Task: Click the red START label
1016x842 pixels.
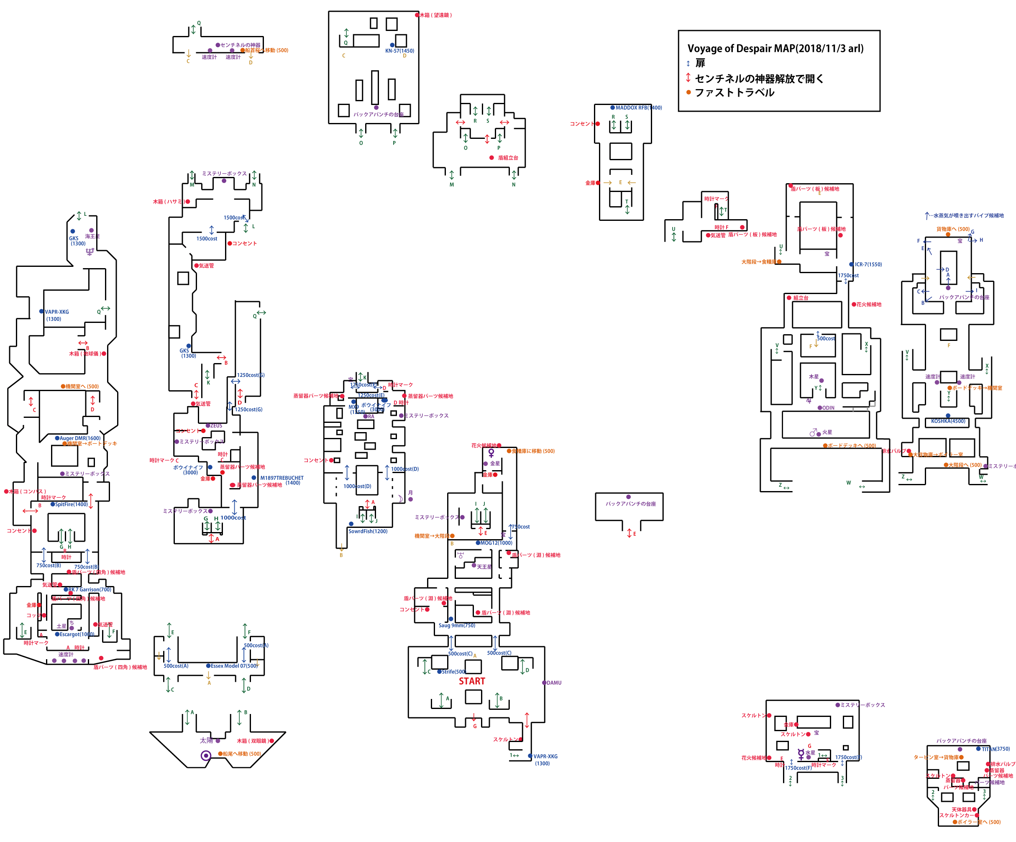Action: pyautogui.click(x=472, y=681)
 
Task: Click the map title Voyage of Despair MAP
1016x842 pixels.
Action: pyautogui.click(x=775, y=49)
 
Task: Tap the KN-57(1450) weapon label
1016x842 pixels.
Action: pyautogui.click(x=399, y=51)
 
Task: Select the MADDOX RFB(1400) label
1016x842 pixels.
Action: pyautogui.click(x=638, y=108)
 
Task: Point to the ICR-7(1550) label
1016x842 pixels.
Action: pyautogui.click(x=868, y=265)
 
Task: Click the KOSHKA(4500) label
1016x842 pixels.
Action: pyautogui.click(x=948, y=421)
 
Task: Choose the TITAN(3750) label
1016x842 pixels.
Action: pyautogui.click(x=995, y=749)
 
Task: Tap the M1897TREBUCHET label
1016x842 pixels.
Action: pyautogui.click(x=282, y=478)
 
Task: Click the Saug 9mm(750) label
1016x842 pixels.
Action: pyautogui.click(x=457, y=625)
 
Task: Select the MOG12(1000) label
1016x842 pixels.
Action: pyautogui.click(x=496, y=543)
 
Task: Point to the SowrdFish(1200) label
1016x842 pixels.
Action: pyautogui.click(x=368, y=531)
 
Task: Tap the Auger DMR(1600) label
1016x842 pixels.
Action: pyautogui.click(x=80, y=438)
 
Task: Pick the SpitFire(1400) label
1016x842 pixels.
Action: pyautogui.click(x=71, y=504)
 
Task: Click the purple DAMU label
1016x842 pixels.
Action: pyautogui.click(x=554, y=683)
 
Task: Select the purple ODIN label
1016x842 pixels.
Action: pyautogui.click(x=828, y=408)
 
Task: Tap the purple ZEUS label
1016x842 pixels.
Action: pyautogui.click(x=216, y=426)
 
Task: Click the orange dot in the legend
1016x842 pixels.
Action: pyautogui.click(x=688, y=92)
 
